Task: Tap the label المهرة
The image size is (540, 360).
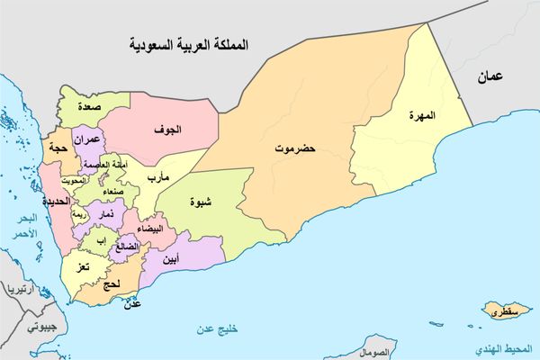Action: [420, 116]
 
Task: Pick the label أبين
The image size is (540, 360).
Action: [169, 260]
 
